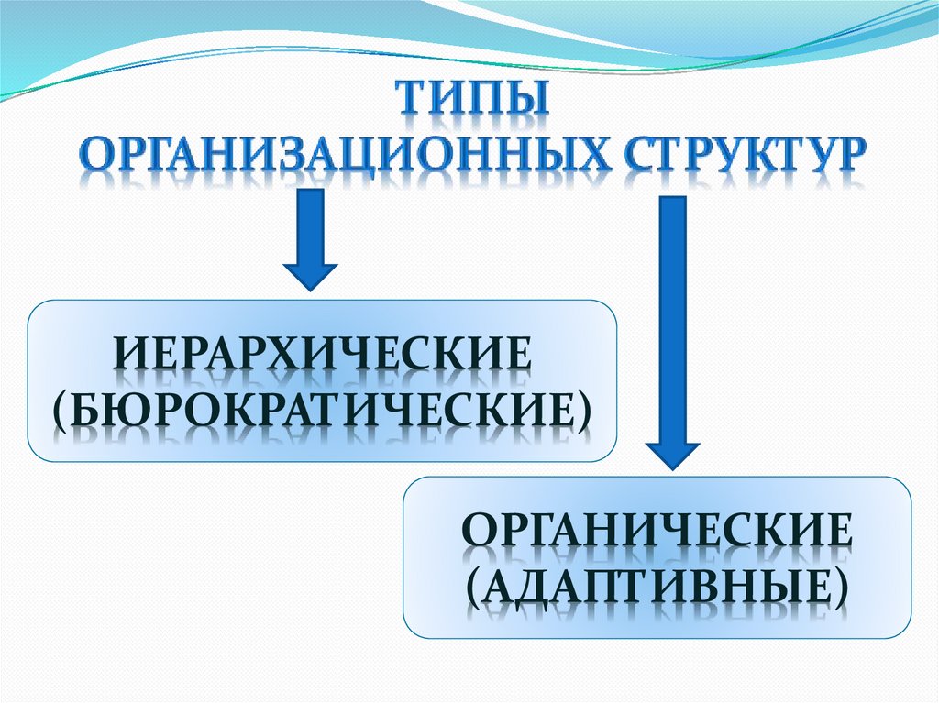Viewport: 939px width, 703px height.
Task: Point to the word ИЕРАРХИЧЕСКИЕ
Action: tap(322, 356)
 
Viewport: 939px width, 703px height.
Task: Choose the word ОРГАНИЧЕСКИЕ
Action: tap(657, 532)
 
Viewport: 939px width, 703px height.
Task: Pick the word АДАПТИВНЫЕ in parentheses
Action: tap(657, 584)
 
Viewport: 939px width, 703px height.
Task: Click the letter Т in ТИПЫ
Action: tap(411, 98)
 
